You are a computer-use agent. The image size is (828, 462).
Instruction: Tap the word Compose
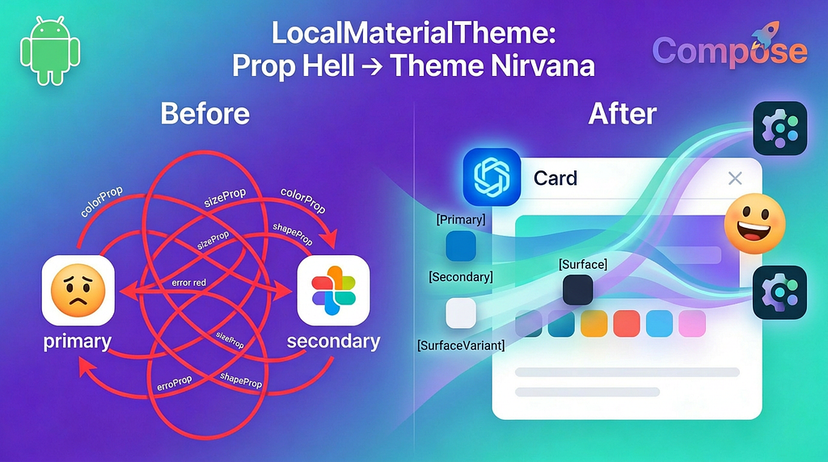tap(729, 51)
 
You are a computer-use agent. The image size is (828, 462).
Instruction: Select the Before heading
tap(205, 114)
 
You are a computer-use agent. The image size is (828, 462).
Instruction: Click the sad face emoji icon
tap(78, 290)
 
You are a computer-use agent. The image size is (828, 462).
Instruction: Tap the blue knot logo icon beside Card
tap(492, 177)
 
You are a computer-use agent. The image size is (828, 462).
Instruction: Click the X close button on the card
tap(734, 178)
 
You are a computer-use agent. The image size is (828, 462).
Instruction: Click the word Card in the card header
tap(556, 178)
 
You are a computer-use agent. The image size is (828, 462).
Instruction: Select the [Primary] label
tap(461, 219)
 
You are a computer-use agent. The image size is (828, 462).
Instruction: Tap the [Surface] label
tap(582, 264)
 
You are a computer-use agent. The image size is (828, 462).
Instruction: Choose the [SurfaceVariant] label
tap(460, 346)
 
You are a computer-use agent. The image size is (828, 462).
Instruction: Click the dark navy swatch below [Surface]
tap(577, 289)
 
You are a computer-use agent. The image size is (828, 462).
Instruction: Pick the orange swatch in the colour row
tap(594, 324)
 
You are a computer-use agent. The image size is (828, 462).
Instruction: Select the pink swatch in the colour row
tap(691, 324)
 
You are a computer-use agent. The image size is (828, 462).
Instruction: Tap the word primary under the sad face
tap(78, 341)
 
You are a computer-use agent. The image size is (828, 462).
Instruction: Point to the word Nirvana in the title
tap(540, 65)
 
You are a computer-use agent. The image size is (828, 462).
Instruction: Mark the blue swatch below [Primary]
tap(461, 245)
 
